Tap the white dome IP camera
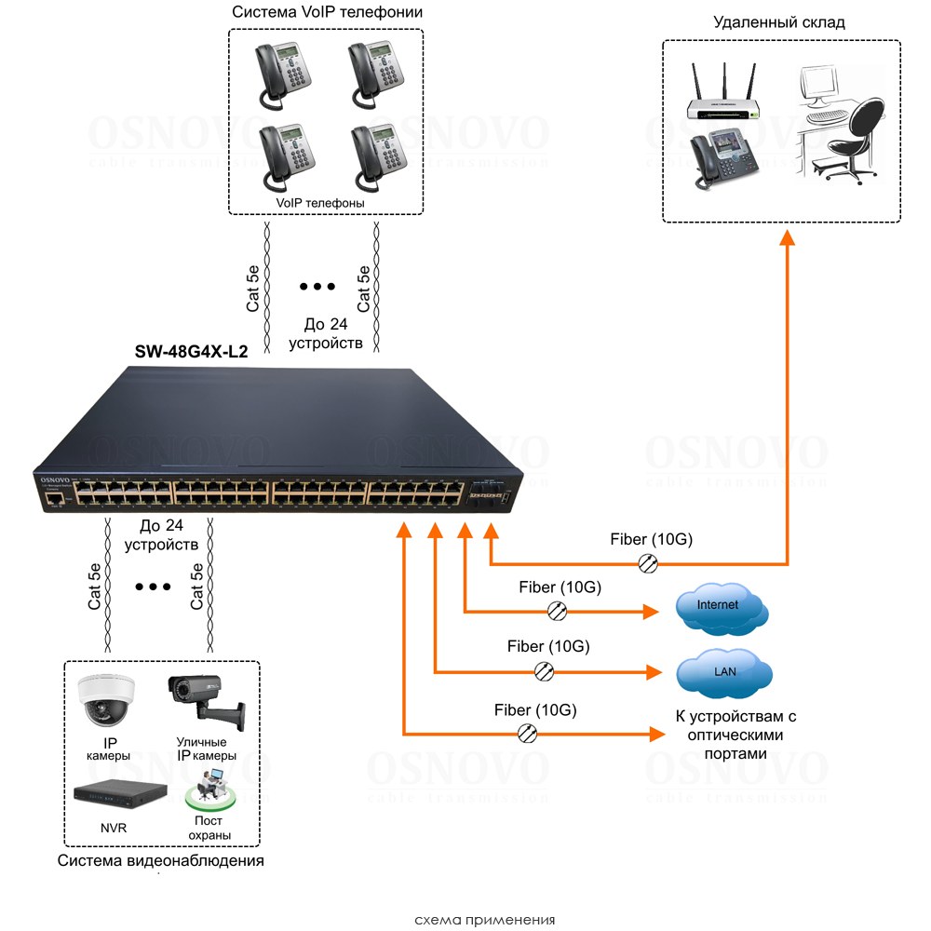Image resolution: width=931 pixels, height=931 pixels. coord(106,699)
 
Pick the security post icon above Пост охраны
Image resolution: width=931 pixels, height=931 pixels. coord(209,794)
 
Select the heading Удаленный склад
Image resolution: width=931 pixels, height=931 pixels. coord(779,22)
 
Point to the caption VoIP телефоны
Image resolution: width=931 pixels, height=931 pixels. coord(320,202)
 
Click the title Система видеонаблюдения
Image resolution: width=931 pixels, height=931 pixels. coord(161,861)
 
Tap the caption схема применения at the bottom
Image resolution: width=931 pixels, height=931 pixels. coord(484,920)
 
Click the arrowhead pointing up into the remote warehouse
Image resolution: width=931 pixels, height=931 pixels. coord(787,237)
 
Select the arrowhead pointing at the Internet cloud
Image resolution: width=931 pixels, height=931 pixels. coord(652,612)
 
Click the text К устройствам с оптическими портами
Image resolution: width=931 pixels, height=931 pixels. coord(735,735)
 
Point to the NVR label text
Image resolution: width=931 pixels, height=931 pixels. coord(114,828)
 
